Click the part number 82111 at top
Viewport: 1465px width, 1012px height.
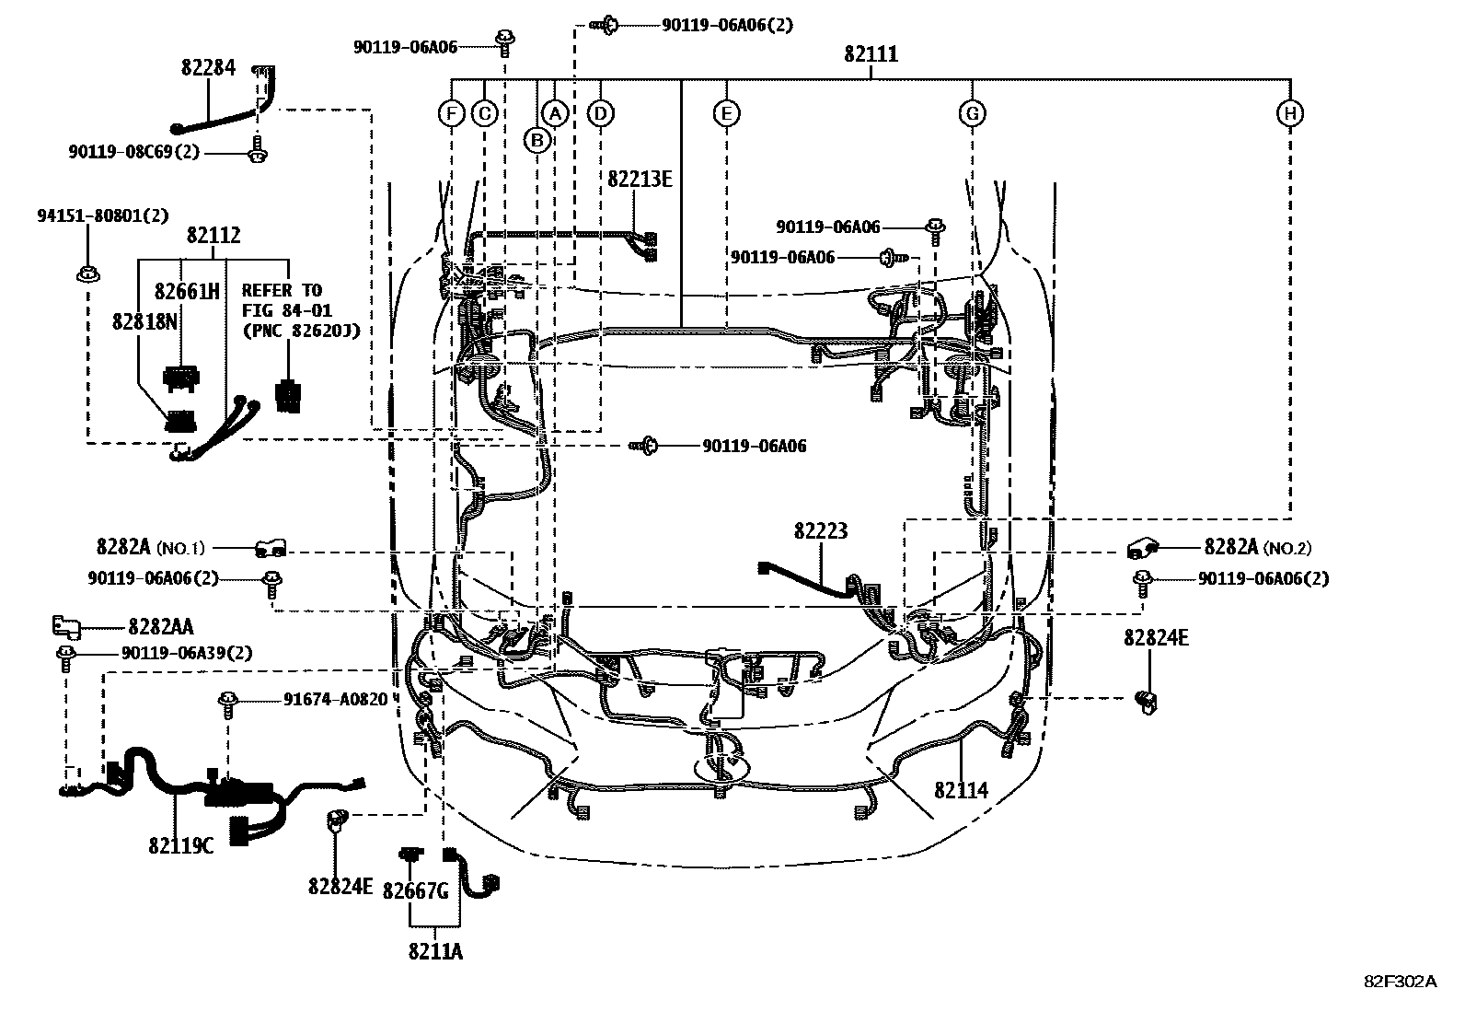tap(871, 54)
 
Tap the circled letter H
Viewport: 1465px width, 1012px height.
tap(1290, 113)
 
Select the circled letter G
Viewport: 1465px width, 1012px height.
tap(972, 113)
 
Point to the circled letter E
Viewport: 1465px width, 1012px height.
tap(726, 113)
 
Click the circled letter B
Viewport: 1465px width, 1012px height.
tap(536, 139)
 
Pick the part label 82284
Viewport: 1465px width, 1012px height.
tap(208, 67)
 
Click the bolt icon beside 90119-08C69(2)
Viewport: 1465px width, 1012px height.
tap(257, 152)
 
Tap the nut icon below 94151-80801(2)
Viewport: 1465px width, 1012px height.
tap(87, 273)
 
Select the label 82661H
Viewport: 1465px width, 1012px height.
tap(187, 292)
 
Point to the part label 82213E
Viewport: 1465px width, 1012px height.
tap(640, 179)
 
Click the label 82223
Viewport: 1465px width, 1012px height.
tap(821, 531)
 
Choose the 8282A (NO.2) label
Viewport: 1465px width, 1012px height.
tap(1257, 548)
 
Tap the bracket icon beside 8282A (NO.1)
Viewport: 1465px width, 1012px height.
tap(271, 549)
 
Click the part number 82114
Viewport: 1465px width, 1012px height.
tap(961, 790)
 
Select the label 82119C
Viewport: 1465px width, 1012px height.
tap(181, 843)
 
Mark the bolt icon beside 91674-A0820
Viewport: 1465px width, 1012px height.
tap(226, 702)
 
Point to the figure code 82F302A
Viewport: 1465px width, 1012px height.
tap(1400, 982)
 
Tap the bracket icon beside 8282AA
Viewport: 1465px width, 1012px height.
tap(66, 626)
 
